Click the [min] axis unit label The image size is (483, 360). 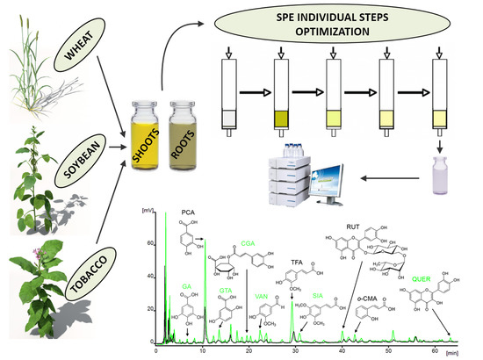pyautogui.click(x=464, y=349)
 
